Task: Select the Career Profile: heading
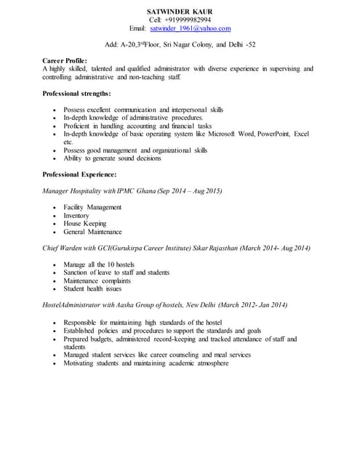tap(65, 60)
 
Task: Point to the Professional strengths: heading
tap(76, 94)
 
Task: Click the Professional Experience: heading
tap(79, 174)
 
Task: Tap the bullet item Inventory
tap(76, 216)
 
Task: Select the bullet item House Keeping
tap(84, 224)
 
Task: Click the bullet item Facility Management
tap(92, 207)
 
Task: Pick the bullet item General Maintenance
tap(92, 232)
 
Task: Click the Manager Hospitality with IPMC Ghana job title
tap(132, 190)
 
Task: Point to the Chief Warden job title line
tap(177, 248)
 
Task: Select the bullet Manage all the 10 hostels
tap(100, 264)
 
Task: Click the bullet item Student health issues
tap(92, 288)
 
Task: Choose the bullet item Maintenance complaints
tap(97, 280)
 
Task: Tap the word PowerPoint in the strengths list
tap(268, 134)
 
